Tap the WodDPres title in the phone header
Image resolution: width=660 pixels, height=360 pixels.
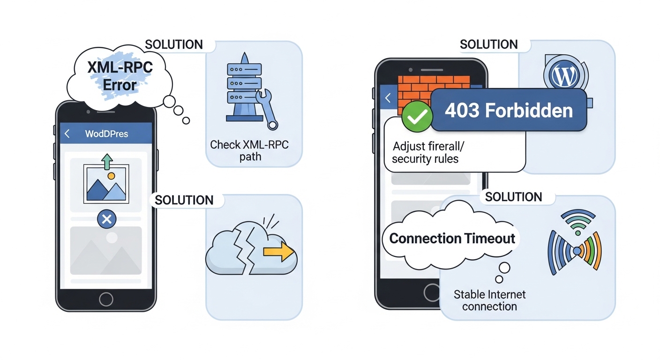(x=106, y=134)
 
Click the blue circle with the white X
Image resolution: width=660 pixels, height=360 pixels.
(x=106, y=218)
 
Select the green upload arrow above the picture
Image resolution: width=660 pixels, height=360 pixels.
(x=107, y=162)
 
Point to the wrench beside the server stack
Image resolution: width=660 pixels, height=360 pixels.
(x=266, y=107)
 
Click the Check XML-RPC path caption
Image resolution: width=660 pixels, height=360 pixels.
(x=249, y=150)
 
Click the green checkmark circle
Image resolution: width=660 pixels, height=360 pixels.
(x=417, y=117)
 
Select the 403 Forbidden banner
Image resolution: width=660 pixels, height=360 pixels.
(x=509, y=111)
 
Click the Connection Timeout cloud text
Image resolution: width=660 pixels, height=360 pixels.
(x=452, y=238)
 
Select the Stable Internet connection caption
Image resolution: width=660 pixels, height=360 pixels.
(x=489, y=300)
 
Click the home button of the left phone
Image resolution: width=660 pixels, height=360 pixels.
(x=106, y=299)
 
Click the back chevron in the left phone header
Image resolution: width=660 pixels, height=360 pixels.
(x=67, y=134)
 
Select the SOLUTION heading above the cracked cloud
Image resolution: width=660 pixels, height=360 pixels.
(x=184, y=200)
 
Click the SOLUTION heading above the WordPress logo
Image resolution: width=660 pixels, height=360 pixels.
(x=489, y=45)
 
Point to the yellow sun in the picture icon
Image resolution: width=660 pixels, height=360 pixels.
(x=111, y=176)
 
